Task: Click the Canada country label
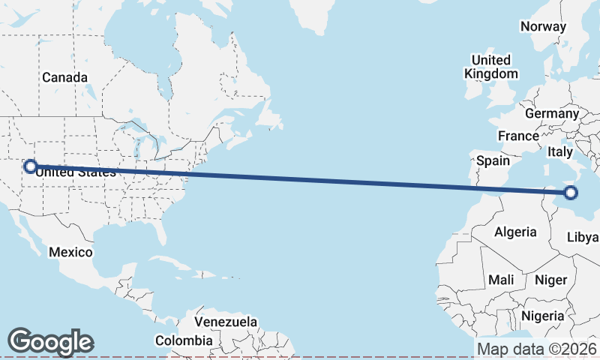(x=64, y=77)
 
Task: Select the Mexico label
(x=70, y=252)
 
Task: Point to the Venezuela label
(x=226, y=322)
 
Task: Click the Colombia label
(x=184, y=340)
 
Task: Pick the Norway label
(x=543, y=26)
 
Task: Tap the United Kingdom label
(x=490, y=67)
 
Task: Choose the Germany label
(x=552, y=113)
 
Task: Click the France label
(x=518, y=136)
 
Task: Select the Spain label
(x=493, y=160)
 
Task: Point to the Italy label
(x=560, y=151)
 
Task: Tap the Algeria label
(x=515, y=232)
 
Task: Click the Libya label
(x=583, y=237)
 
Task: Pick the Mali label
(x=501, y=280)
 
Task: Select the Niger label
(x=550, y=280)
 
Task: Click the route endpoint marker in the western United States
(x=31, y=166)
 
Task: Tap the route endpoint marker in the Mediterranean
(x=571, y=193)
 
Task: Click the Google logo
(x=50, y=342)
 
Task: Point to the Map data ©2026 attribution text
(x=537, y=349)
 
